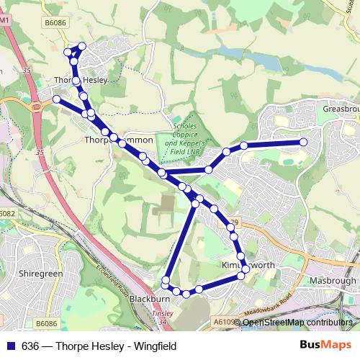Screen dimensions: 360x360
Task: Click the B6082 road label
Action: coord(7,214)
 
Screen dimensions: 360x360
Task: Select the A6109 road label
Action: coord(224,323)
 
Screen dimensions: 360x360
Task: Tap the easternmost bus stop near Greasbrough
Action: coord(303,142)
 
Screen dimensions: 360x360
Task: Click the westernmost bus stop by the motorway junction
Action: coord(57,99)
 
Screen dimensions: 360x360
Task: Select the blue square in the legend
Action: coord(11,346)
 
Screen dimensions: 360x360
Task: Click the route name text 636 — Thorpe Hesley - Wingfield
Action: coord(99,346)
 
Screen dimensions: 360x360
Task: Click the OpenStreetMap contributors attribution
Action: coord(298,323)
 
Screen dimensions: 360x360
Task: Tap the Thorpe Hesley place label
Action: coord(81,80)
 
